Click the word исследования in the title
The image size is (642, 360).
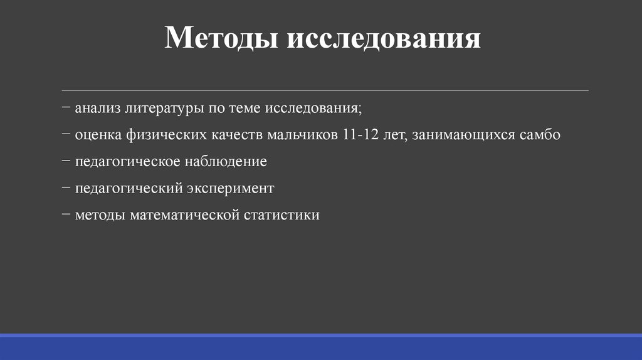pyautogui.click(x=384, y=39)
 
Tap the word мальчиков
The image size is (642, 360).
pyautogui.click(x=303, y=135)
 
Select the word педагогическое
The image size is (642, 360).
pyautogui.click(x=127, y=162)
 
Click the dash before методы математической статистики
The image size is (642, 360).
pyautogui.click(x=66, y=214)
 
